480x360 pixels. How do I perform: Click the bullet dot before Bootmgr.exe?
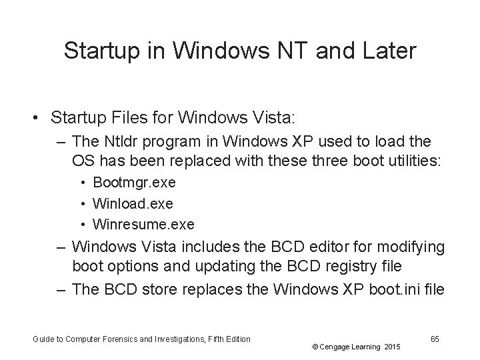click(85, 183)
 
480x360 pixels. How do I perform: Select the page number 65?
click(435, 339)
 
